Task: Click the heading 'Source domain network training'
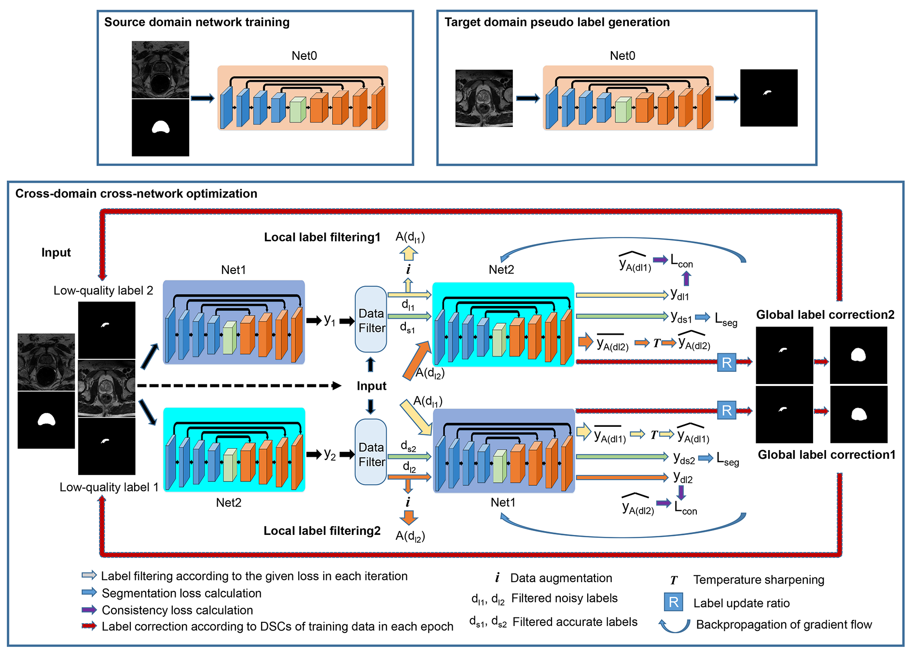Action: (197, 22)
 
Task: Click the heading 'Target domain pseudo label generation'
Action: (557, 22)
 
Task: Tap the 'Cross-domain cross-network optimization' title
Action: (136, 193)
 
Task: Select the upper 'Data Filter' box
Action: (371, 319)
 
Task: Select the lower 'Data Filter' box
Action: (371, 452)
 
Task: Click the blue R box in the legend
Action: (673, 602)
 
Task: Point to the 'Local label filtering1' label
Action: (322, 237)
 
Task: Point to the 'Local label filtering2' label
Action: (322, 531)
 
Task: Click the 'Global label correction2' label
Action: (825, 315)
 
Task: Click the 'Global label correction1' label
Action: (826, 455)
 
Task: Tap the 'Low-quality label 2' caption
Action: (103, 290)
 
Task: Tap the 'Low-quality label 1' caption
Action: (109, 487)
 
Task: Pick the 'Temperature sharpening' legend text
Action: (759, 580)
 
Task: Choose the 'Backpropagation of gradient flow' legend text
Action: (784, 625)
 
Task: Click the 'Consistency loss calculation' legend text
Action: (177, 610)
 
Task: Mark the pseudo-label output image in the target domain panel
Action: (769, 98)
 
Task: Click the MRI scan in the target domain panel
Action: (484, 98)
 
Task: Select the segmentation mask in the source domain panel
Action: (160, 128)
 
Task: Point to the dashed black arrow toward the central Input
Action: (239, 386)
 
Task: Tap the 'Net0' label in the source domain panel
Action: (304, 56)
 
